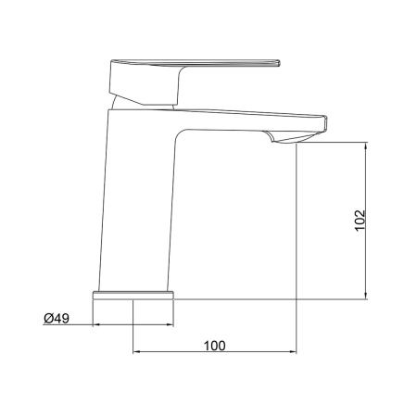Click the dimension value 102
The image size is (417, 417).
click(360, 220)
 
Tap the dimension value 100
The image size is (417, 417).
click(214, 345)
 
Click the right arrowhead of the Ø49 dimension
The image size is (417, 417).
click(171, 325)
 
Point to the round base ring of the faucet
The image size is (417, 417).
click(134, 295)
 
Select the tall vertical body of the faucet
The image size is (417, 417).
click(139, 204)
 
